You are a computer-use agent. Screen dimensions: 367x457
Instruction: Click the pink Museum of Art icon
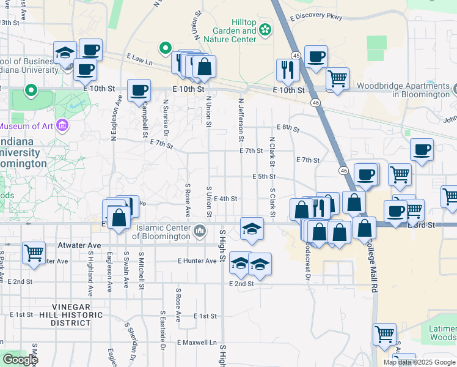coord(62,126)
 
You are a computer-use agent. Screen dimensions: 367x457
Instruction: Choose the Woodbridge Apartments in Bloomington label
coord(404,90)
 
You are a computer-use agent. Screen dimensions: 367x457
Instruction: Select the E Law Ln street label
coord(139,59)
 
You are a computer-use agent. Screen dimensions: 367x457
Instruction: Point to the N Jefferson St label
coord(242,119)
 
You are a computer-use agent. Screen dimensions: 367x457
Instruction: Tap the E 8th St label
coord(288,128)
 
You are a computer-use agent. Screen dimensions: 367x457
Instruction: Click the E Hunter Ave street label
coord(197,261)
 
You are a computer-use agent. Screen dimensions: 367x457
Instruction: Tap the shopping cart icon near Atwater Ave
coord(34,251)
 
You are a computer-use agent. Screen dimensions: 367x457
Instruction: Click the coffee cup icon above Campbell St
coord(139,90)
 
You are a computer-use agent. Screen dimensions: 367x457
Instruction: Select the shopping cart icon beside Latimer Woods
coord(384,333)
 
